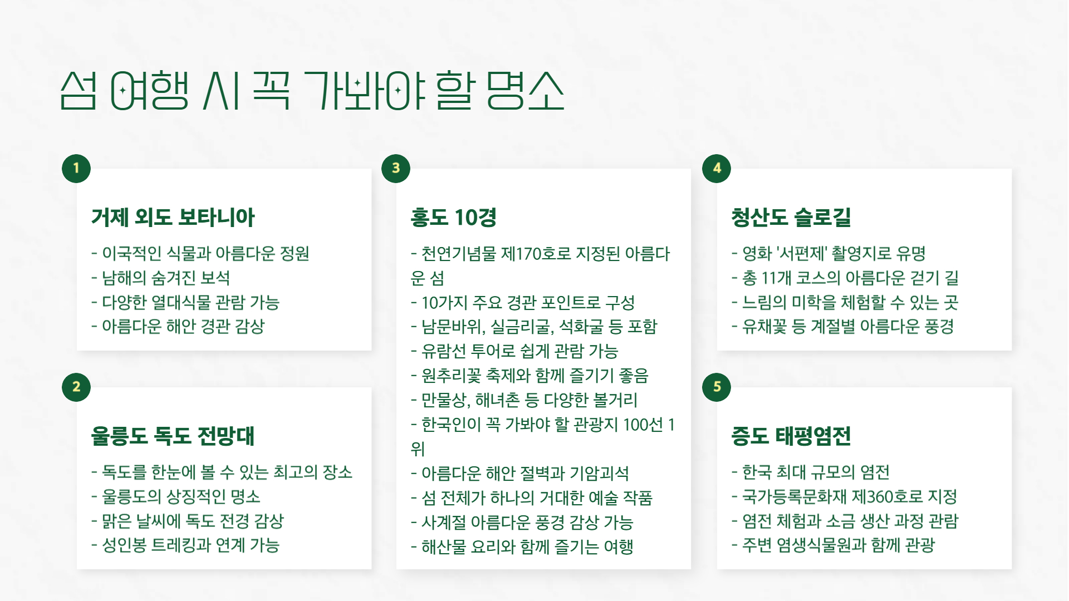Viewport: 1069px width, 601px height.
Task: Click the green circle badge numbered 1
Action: point(76,168)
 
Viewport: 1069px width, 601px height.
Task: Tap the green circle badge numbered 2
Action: point(76,387)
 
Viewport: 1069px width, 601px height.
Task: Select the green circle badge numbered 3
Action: point(396,168)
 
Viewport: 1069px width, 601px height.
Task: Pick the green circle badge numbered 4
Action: point(717,168)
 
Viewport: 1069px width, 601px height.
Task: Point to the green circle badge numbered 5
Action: point(717,387)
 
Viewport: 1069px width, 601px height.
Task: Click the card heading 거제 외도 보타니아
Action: point(173,217)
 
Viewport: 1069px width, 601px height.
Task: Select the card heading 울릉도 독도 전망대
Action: point(173,436)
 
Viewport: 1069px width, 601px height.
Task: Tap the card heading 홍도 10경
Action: point(453,217)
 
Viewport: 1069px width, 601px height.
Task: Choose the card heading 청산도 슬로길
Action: point(791,217)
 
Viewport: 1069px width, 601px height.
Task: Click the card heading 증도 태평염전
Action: point(791,436)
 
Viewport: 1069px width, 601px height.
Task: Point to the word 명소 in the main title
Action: point(525,90)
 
